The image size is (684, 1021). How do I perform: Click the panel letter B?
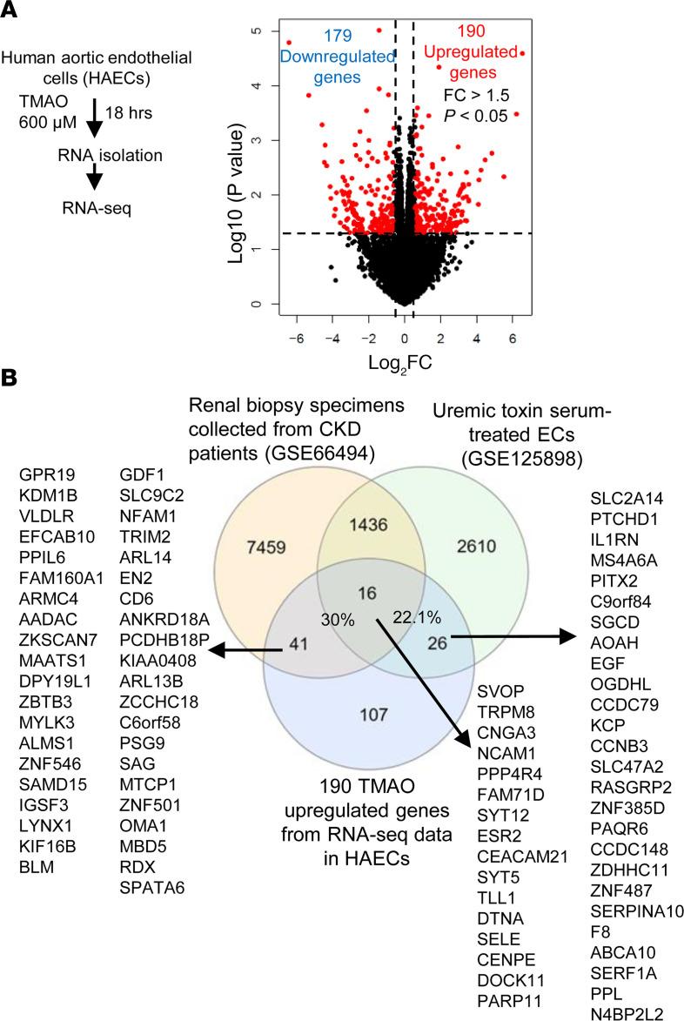[x=12, y=381]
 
